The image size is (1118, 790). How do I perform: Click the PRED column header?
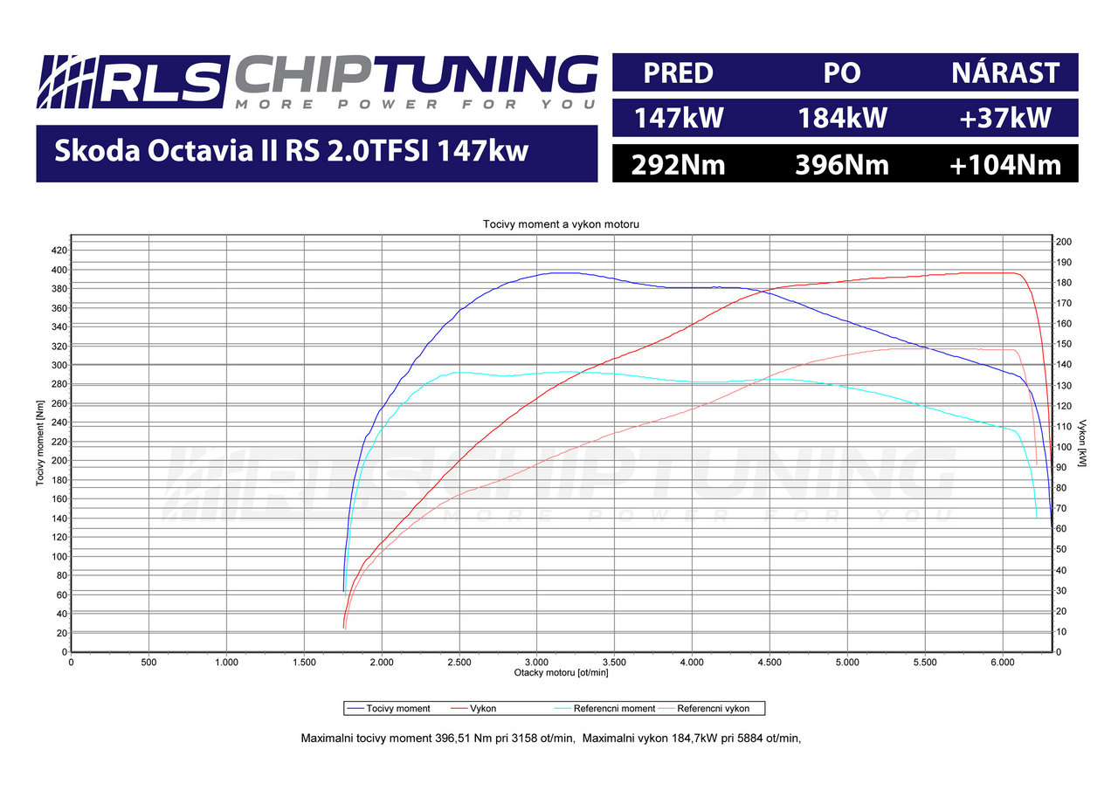(678, 73)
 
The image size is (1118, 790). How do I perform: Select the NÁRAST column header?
(1005, 73)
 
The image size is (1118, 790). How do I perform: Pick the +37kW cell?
(1005, 118)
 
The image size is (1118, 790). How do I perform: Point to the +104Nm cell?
(1005, 164)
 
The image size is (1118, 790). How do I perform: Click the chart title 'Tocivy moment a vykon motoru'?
(562, 224)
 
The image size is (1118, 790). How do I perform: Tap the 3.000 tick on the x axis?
(537, 663)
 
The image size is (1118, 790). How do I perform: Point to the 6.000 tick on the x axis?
(1003, 663)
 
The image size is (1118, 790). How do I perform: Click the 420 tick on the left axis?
(59, 251)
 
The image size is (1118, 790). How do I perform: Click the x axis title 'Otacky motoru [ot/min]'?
(560, 673)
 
